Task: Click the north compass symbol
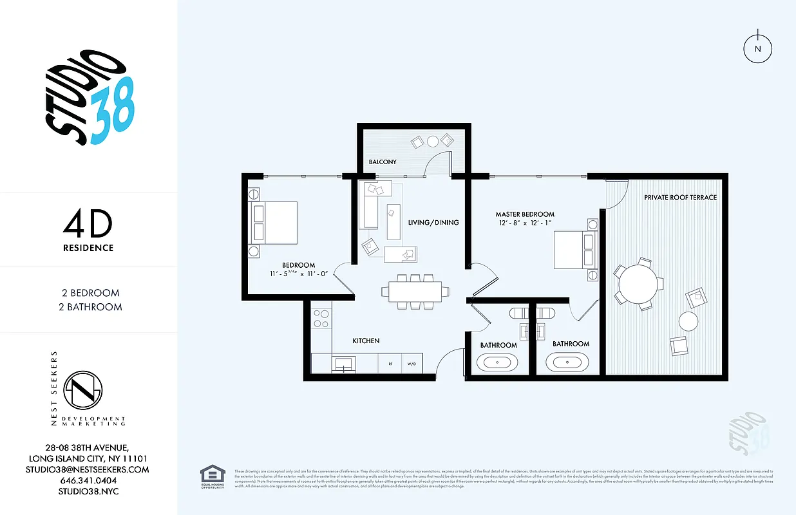[x=757, y=49]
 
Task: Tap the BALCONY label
[x=383, y=162]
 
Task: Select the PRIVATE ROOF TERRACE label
[x=680, y=198]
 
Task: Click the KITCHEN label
[x=366, y=341]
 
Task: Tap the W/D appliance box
[x=412, y=364]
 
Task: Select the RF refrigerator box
[x=390, y=364]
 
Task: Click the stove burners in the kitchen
[x=320, y=319]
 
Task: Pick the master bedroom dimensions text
[x=525, y=223]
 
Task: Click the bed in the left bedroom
[x=273, y=222]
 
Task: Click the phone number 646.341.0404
[x=88, y=481]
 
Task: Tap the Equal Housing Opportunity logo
[x=213, y=476]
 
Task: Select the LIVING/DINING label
[x=433, y=223]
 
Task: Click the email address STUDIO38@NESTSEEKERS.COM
[x=88, y=469]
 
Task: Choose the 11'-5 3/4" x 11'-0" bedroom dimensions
[x=298, y=274]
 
